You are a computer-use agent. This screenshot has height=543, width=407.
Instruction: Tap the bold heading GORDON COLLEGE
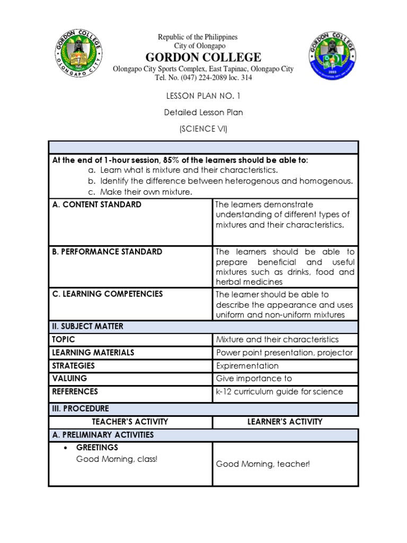[x=203, y=57]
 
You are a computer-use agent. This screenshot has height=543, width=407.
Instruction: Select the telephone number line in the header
[x=203, y=78]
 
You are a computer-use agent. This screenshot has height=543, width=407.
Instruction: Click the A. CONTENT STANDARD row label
[x=96, y=205]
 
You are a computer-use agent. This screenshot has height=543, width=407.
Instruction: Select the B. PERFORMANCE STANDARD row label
[x=107, y=252]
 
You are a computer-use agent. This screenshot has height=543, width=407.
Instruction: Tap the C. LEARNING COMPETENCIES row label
[x=107, y=294]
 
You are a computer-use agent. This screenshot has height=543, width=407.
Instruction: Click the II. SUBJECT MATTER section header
[x=87, y=327]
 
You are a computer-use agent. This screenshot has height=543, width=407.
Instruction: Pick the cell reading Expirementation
[x=247, y=366]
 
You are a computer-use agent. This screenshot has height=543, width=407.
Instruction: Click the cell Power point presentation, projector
[x=284, y=353]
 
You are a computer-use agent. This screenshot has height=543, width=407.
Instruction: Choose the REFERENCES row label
[x=75, y=392]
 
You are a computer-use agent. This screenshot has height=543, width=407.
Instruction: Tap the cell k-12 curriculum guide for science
[x=279, y=392]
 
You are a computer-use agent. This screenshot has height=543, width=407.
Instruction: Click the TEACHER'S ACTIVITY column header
[x=130, y=422]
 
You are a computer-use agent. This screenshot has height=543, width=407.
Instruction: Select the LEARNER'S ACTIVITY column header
[x=285, y=422]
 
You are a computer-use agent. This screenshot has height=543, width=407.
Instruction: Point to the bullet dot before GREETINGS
[x=65, y=449]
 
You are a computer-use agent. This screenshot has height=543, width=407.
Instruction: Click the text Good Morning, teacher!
[x=262, y=465]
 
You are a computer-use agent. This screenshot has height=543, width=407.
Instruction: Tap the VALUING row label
[x=69, y=379]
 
